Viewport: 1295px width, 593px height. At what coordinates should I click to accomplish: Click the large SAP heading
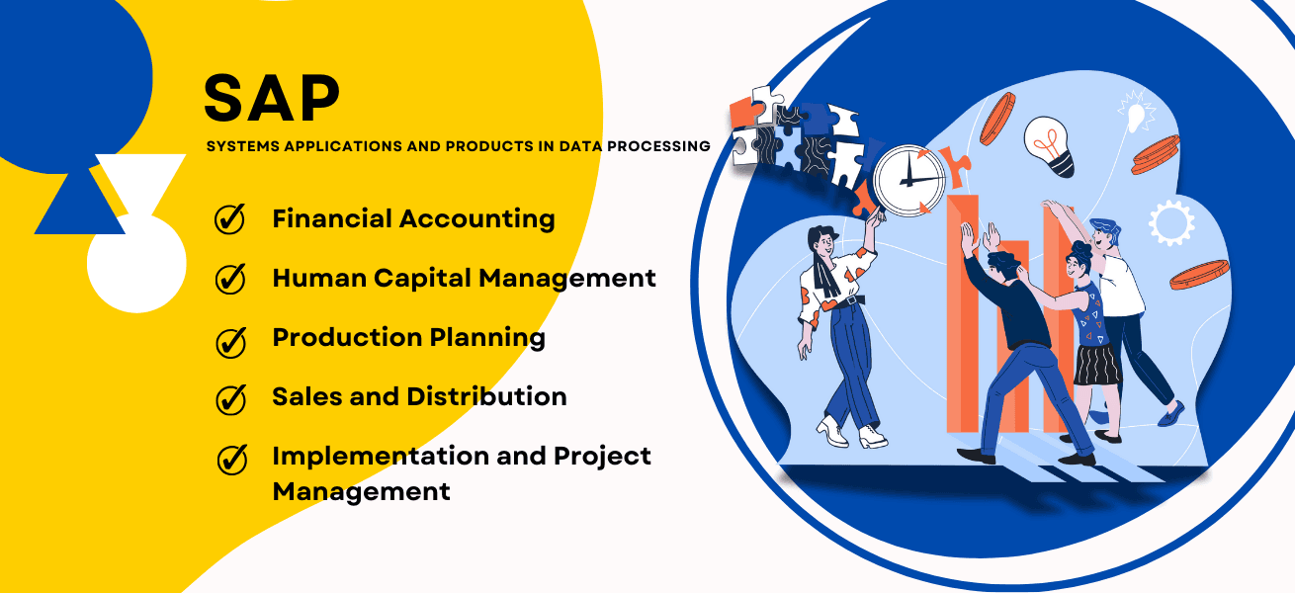click(272, 98)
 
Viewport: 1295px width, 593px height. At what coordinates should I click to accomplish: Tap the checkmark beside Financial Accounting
click(229, 219)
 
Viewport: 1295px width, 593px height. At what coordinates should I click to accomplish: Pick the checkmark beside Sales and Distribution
click(230, 400)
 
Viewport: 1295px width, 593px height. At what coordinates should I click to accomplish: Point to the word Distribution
click(486, 396)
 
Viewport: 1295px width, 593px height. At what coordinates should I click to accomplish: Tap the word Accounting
click(476, 220)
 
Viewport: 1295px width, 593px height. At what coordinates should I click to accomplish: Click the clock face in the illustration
click(908, 181)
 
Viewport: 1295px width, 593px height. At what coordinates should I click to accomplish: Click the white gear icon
click(1171, 222)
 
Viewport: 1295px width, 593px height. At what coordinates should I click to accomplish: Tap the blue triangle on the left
click(79, 203)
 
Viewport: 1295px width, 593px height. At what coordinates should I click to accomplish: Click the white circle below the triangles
click(136, 264)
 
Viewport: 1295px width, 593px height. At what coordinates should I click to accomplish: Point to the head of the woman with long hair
click(822, 242)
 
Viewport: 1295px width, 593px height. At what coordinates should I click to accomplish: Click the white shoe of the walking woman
click(831, 431)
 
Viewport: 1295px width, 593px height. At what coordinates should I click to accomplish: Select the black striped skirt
click(1096, 364)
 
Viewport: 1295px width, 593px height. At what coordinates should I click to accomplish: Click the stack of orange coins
click(1155, 155)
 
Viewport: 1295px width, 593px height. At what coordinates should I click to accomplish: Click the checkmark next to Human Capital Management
click(230, 279)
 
